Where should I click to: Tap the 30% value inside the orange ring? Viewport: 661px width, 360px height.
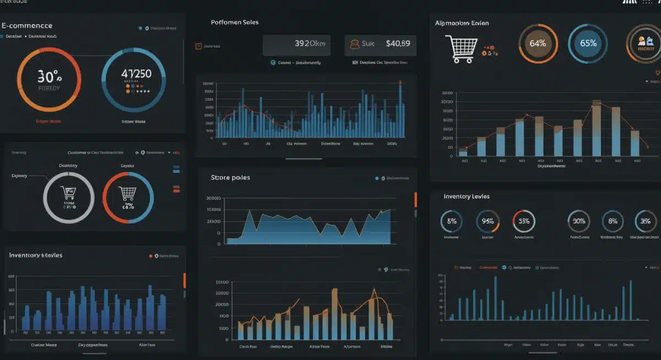[48, 76]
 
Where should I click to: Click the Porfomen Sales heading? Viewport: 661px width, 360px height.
[235, 23]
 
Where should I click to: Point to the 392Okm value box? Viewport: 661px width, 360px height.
[296, 44]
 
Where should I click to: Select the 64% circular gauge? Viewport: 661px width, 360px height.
[538, 43]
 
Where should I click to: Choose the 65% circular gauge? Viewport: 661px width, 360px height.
[588, 43]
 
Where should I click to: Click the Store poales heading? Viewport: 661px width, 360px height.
[230, 178]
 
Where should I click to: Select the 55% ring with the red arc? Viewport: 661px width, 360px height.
[523, 221]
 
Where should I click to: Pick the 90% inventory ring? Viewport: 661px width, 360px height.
[578, 221]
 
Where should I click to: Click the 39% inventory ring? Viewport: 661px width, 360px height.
[646, 221]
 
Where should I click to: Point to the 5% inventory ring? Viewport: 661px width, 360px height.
[452, 221]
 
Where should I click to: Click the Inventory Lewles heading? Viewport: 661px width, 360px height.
[467, 197]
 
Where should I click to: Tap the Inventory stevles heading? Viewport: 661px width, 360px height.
[36, 255]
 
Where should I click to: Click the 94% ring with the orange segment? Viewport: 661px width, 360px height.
[487, 221]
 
